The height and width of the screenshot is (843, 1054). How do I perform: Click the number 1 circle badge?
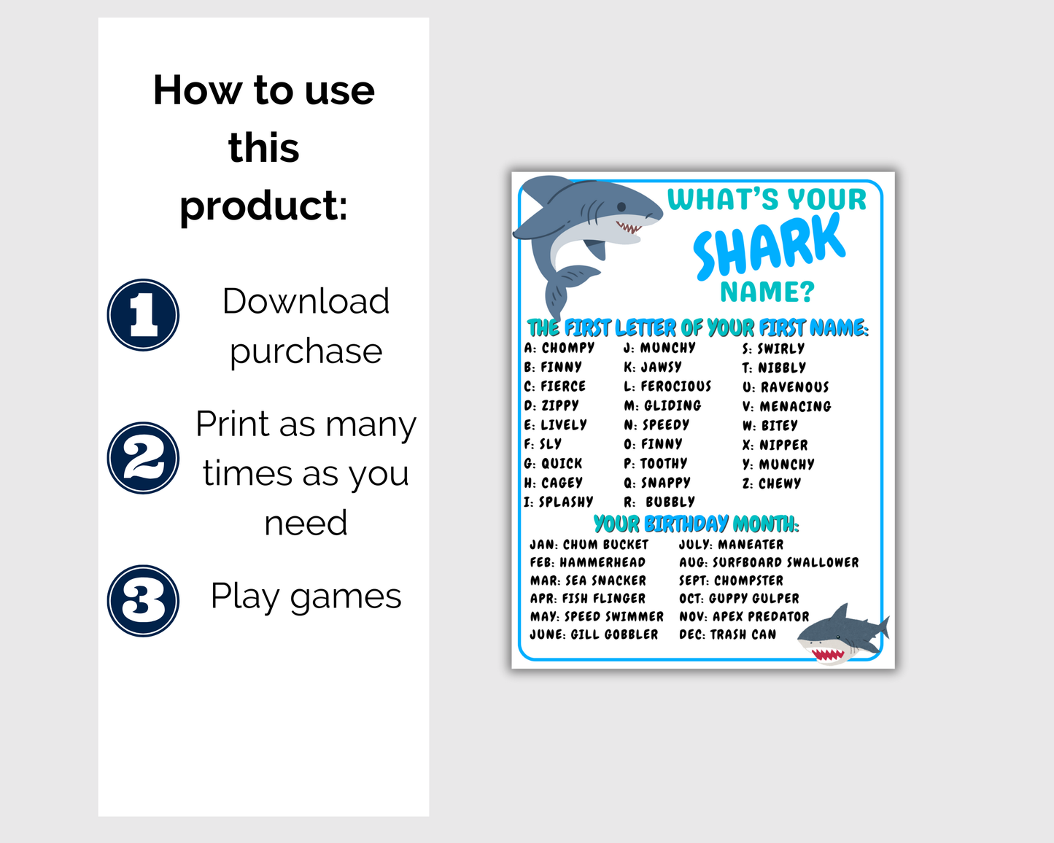tap(144, 315)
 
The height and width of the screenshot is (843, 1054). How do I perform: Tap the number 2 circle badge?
tap(144, 458)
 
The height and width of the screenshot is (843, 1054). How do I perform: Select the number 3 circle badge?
tap(144, 601)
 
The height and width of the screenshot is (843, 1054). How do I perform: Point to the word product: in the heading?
tap(263, 205)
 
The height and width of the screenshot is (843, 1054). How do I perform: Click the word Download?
tap(306, 301)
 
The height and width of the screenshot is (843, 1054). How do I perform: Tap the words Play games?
tap(306, 596)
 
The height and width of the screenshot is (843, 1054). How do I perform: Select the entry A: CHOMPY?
tap(559, 348)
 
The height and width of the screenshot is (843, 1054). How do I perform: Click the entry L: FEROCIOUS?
tap(667, 386)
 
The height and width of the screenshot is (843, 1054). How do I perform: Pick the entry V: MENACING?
tap(786, 406)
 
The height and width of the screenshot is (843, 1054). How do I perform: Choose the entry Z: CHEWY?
tap(772, 483)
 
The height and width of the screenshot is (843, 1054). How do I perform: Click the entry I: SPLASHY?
tap(558, 502)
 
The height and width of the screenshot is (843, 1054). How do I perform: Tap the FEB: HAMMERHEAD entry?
tap(587, 562)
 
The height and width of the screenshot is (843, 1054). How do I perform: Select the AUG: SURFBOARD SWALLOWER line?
tap(769, 562)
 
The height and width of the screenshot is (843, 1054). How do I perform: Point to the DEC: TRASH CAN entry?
tap(727, 634)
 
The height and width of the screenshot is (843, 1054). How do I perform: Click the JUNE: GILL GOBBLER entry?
tap(594, 634)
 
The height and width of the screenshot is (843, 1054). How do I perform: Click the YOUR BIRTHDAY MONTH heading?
tap(696, 524)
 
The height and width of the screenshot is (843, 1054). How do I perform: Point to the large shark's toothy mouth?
tap(629, 228)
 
